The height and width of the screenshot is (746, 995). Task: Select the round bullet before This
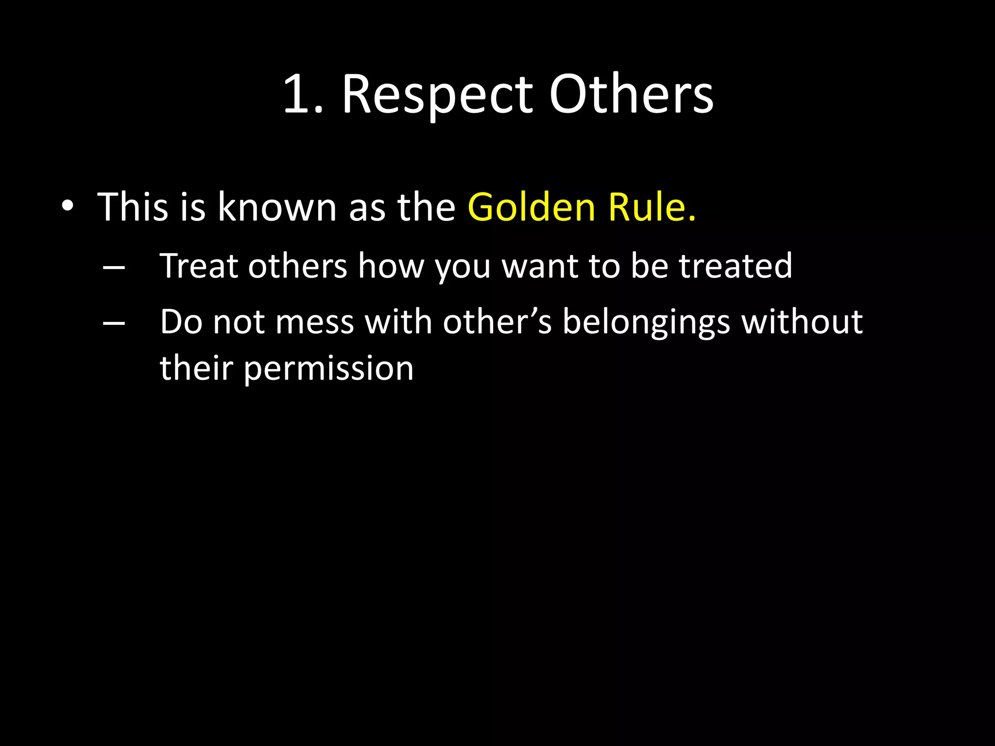click(68, 207)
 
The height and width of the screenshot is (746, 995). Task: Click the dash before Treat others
click(114, 267)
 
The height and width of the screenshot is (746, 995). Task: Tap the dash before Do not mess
click(114, 323)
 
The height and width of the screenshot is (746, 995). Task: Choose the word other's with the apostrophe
click(497, 322)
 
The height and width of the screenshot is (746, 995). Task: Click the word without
click(802, 322)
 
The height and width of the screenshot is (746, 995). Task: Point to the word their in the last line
click(196, 368)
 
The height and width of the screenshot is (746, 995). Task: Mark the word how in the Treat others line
click(391, 266)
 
